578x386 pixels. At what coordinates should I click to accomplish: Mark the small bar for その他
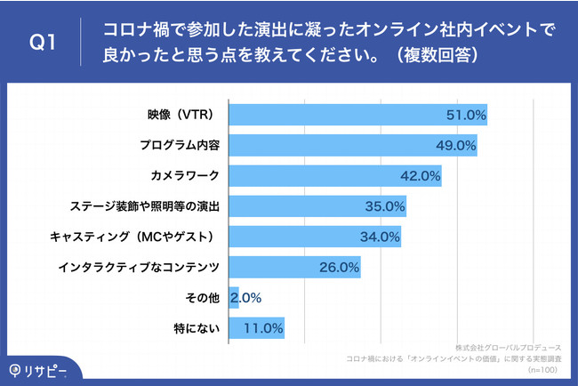pyautogui.click(x=234, y=298)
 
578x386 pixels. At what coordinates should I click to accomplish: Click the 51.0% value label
pyautogui.click(x=465, y=115)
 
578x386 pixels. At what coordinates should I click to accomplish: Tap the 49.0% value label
pyautogui.click(x=456, y=145)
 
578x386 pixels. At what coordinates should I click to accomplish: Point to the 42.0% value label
pyautogui.click(x=421, y=175)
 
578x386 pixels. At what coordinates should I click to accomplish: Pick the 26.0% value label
pyautogui.click(x=339, y=266)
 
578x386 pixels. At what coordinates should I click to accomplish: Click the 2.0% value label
pyautogui.click(x=245, y=298)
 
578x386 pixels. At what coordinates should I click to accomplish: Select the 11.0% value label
pyautogui.click(x=263, y=328)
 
